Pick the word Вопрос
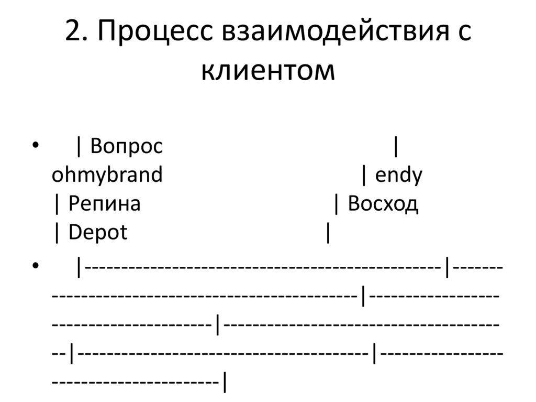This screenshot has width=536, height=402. [126, 147]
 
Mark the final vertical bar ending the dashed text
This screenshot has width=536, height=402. [225, 383]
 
